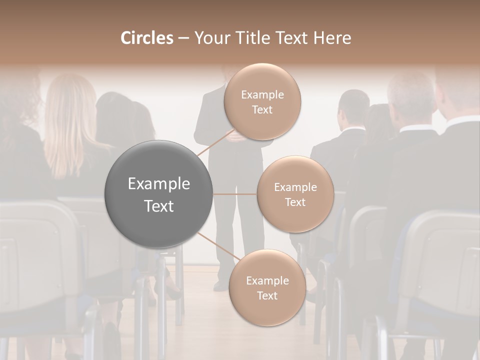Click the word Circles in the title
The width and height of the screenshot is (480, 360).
(146, 38)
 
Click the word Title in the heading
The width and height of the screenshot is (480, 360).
(250, 38)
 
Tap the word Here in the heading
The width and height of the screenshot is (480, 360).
(332, 38)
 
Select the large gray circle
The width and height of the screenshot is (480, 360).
(159, 194)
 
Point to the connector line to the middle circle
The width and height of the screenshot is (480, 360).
(235, 194)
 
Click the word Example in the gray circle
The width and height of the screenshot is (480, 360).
(159, 183)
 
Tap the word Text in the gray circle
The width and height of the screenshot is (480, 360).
(159, 206)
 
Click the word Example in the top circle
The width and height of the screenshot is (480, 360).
(262, 95)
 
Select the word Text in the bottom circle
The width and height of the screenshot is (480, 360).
(267, 295)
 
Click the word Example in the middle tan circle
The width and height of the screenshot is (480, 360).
(295, 187)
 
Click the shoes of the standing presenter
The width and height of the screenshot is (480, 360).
(221, 286)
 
